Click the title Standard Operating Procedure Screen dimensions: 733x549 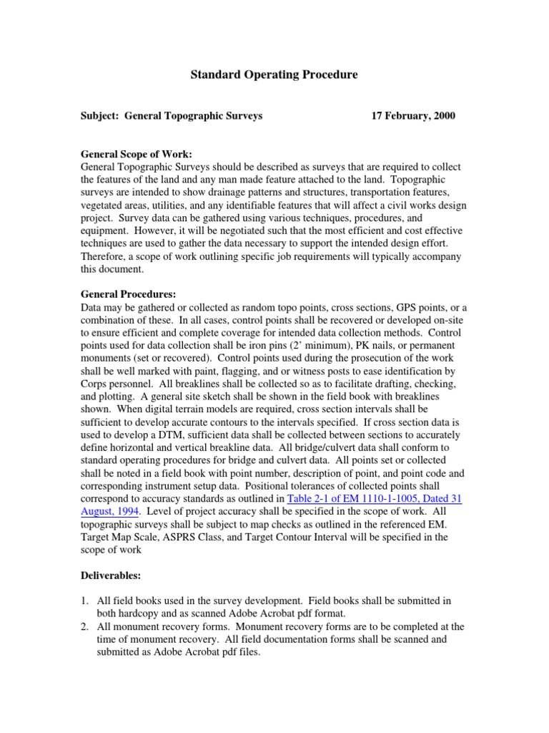(274, 74)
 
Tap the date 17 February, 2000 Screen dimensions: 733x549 (412, 115)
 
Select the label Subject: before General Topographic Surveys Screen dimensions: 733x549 (101, 115)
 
